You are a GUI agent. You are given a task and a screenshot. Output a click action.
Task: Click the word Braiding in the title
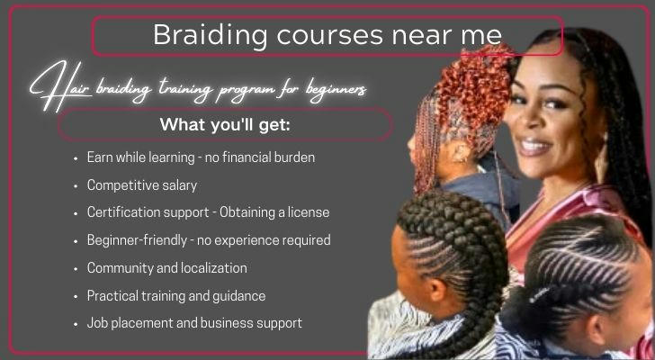tap(211, 36)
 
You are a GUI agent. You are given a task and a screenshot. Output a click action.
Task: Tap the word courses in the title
tap(329, 36)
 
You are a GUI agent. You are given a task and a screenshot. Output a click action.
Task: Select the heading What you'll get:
tap(225, 124)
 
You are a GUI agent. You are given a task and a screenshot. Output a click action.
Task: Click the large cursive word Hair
tap(59, 86)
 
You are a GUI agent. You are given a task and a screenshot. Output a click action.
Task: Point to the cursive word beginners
tap(336, 89)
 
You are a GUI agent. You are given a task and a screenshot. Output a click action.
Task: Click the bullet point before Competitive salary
tap(76, 186)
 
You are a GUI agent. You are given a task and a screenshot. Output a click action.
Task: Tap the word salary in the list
tap(180, 185)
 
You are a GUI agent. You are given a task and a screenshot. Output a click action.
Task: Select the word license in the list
tap(309, 212)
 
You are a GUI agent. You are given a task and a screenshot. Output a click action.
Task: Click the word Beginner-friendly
tap(137, 240)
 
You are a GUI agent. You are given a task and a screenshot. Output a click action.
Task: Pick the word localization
tap(215, 267)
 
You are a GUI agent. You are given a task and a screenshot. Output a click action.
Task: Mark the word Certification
tap(118, 212)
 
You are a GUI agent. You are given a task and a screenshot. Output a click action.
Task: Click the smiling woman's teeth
tap(535, 147)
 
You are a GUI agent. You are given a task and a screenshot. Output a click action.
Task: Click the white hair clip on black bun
tap(537, 296)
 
